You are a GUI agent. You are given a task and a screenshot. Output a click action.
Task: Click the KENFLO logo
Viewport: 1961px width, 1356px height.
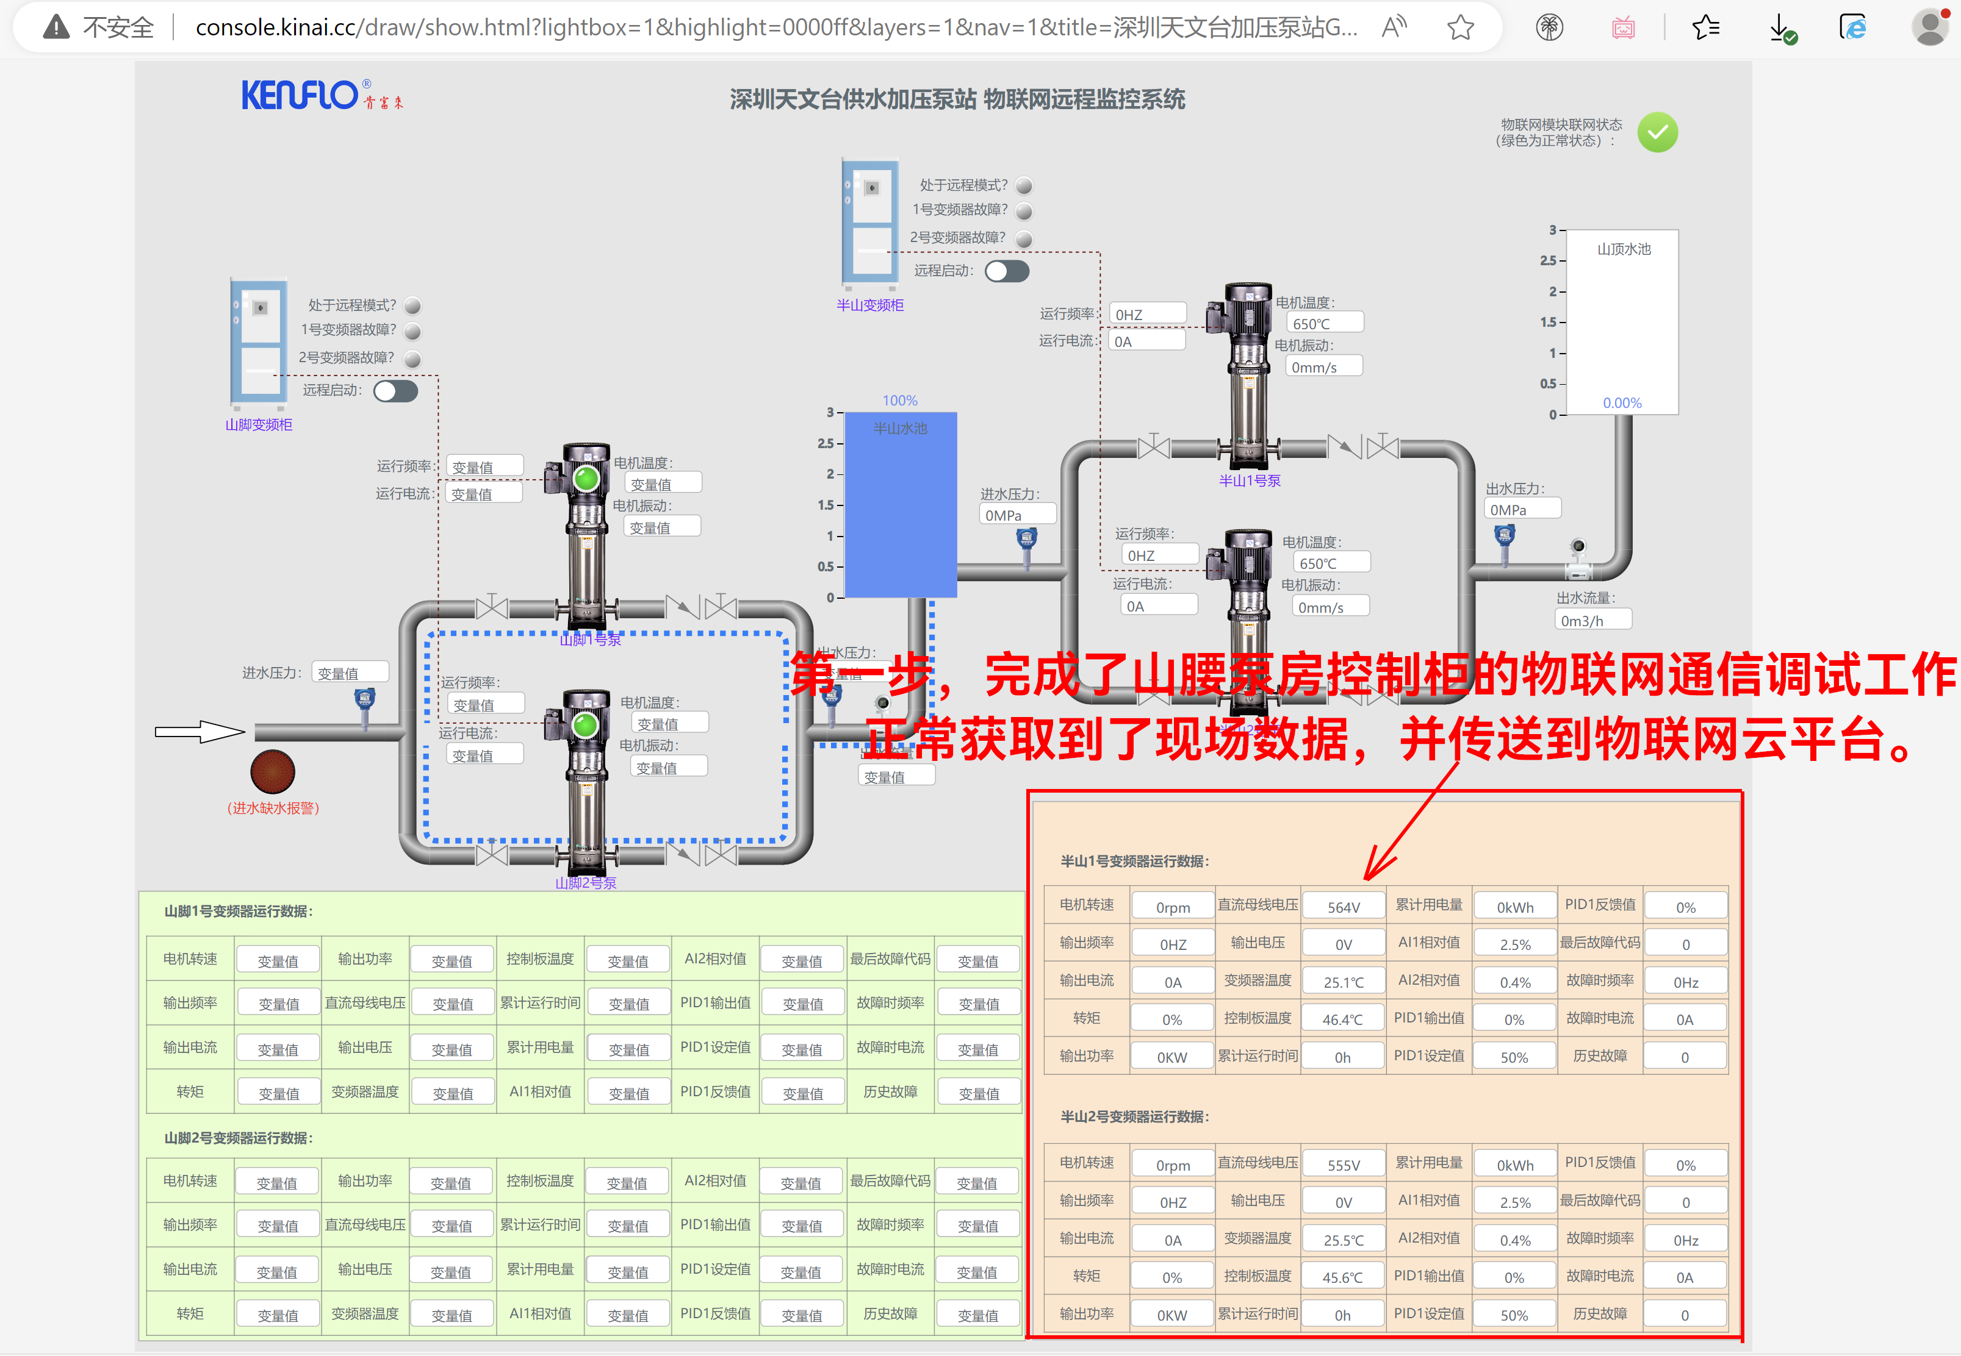[x=299, y=95]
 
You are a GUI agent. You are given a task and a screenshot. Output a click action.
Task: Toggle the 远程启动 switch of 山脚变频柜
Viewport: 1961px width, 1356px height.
[x=395, y=391]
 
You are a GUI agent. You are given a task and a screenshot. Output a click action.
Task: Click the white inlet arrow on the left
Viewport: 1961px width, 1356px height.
[x=200, y=732]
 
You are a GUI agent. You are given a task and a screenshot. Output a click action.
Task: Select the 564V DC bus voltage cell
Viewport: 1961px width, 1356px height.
[x=1343, y=907]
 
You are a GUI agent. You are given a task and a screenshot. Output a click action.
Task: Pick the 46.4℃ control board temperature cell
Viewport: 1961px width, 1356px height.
[x=1342, y=1019]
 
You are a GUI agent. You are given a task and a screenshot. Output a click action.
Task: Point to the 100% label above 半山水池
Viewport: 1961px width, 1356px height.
[x=899, y=400]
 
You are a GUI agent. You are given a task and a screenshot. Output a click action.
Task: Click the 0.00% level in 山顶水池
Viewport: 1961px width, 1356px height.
[x=1622, y=403]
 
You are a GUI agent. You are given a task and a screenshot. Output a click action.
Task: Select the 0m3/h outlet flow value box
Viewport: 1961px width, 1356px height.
[x=1591, y=620]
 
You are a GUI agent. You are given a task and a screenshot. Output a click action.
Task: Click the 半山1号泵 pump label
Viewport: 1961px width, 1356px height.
[x=1249, y=481]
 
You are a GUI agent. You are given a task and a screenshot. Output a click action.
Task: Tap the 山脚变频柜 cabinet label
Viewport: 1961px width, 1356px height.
[x=259, y=425]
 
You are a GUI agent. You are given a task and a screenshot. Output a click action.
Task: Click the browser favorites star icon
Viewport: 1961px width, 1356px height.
[x=1460, y=28]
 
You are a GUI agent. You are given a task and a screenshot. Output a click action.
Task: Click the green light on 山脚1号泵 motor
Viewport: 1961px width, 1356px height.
[x=586, y=479]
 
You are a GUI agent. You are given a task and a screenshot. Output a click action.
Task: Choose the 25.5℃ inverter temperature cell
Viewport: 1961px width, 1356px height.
[x=1343, y=1240]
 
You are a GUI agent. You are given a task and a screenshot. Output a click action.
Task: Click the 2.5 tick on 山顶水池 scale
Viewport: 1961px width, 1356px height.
[x=1549, y=261]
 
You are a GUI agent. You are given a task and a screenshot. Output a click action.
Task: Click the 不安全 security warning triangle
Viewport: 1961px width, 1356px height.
[x=56, y=28]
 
